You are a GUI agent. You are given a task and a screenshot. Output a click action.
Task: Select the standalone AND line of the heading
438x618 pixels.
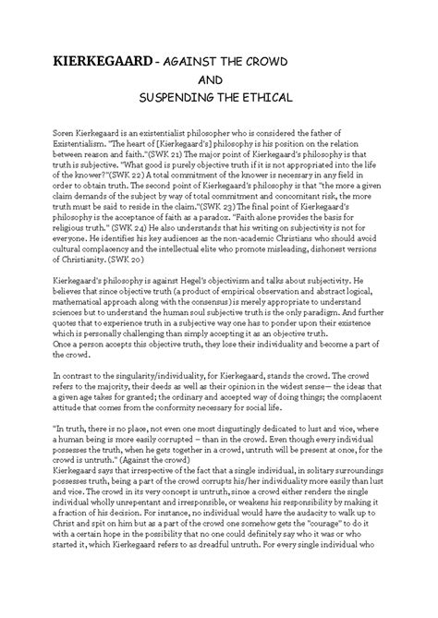point(218,79)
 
